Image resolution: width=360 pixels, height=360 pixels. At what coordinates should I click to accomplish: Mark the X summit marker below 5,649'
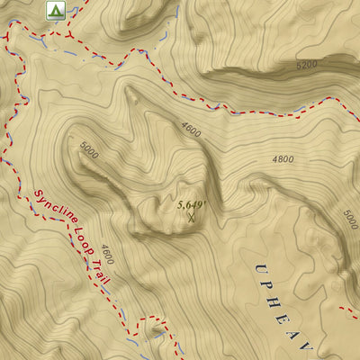[191, 217]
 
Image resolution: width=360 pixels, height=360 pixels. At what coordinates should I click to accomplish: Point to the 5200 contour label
[307, 66]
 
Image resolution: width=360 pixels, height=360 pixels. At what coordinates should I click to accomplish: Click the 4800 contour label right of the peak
[283, 159]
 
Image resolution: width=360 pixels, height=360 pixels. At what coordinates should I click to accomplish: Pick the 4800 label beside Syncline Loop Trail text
[107, 254]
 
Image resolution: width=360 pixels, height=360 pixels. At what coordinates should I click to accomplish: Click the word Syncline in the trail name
[52, 212]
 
